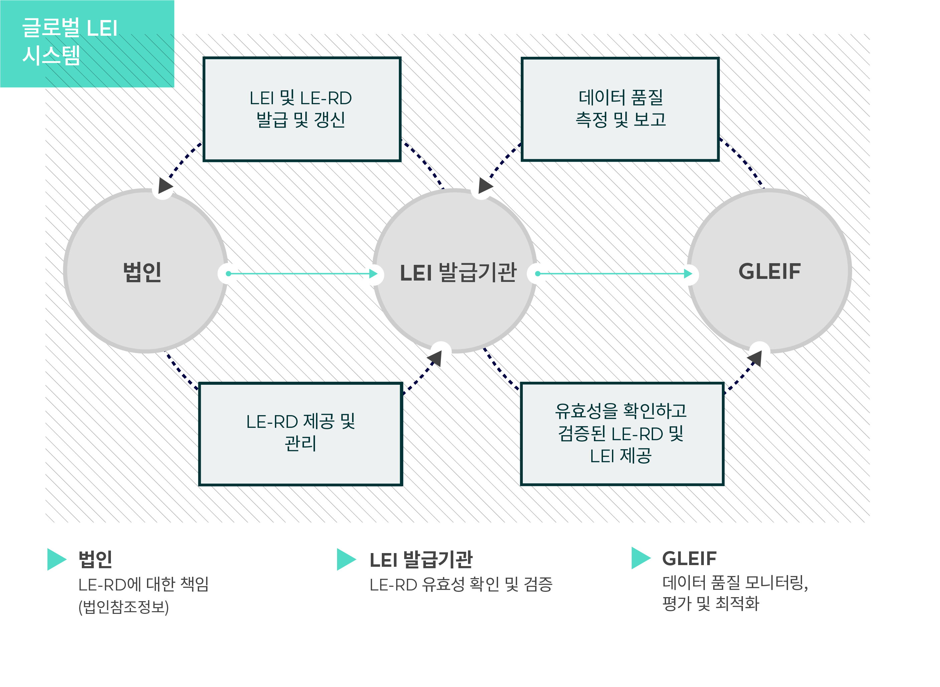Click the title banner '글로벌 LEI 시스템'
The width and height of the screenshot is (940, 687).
coord(87,44)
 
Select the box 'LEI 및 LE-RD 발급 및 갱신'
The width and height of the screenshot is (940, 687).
coord(302,109)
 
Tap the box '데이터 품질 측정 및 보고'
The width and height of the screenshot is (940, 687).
coord(620,109)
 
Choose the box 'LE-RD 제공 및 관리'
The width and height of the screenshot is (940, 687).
coord(301,434)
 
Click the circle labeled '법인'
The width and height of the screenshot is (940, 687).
coord(145,271)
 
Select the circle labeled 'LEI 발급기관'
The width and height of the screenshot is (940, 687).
coord(455,271)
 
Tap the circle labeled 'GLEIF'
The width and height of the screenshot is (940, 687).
coord(769,271)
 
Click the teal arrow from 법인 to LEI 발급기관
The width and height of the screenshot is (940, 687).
coord(302,274)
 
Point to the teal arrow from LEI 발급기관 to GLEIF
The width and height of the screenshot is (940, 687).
coord(615,274)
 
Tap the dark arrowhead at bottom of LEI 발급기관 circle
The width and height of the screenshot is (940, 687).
coord(435,358)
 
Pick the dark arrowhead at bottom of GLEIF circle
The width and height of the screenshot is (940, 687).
coord(755,358)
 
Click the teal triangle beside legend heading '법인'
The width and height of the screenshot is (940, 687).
coord(56,559)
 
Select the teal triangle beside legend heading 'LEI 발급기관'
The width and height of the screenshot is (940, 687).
coord(346,559)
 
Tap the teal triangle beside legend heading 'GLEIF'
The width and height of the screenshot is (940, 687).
coord(641,558)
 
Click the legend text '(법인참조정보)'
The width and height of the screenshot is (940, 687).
coord(124,607)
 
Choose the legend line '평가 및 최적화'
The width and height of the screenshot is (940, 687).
coord(711,604)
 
